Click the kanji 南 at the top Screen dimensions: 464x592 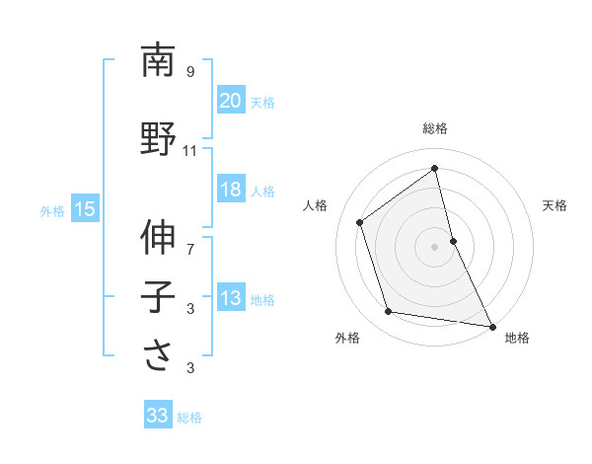pyautogui.click(x=158, y=61)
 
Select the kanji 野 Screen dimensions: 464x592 pyautogui.click(x=158, y=138)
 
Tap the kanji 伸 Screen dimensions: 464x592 pyautogui.click(x=158, y=238)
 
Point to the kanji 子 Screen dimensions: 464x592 pyautogui.click(x=158, y=297)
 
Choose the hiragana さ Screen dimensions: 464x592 pyautogui.click(x=158, y=356)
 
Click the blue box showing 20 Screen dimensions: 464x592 pyautogui.click(x=230, y=102)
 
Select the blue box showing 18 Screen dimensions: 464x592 pyautogui.click(x=230, y=191)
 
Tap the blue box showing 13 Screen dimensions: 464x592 pyautogui.click(x=230, y=299)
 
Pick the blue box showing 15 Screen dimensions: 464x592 pyautogui.click(x=85, y=209)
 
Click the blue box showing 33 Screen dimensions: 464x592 pyautogui.click(x=157, y=416)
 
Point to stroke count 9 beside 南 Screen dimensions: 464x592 pyautogui.click(x=190, y=72)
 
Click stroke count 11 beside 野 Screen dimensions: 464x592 pyautogui.click(x=190, y=151)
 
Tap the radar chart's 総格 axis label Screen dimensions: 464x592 pyautogui.click(x=435, y=129)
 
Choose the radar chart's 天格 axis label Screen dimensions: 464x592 pyautogui.click(x=555, y=205)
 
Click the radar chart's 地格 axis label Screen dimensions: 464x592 pyautogui.click(x=517, y=338)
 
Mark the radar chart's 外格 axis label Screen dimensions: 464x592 pyautogui.click(x=347, y=338)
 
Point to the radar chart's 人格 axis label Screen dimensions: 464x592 pyautogui.click(x=316, y=205)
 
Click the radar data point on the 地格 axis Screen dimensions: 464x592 pyautogui.click(x=490, y=325)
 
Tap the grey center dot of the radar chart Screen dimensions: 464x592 pyautogui.click(x=434, y=246)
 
